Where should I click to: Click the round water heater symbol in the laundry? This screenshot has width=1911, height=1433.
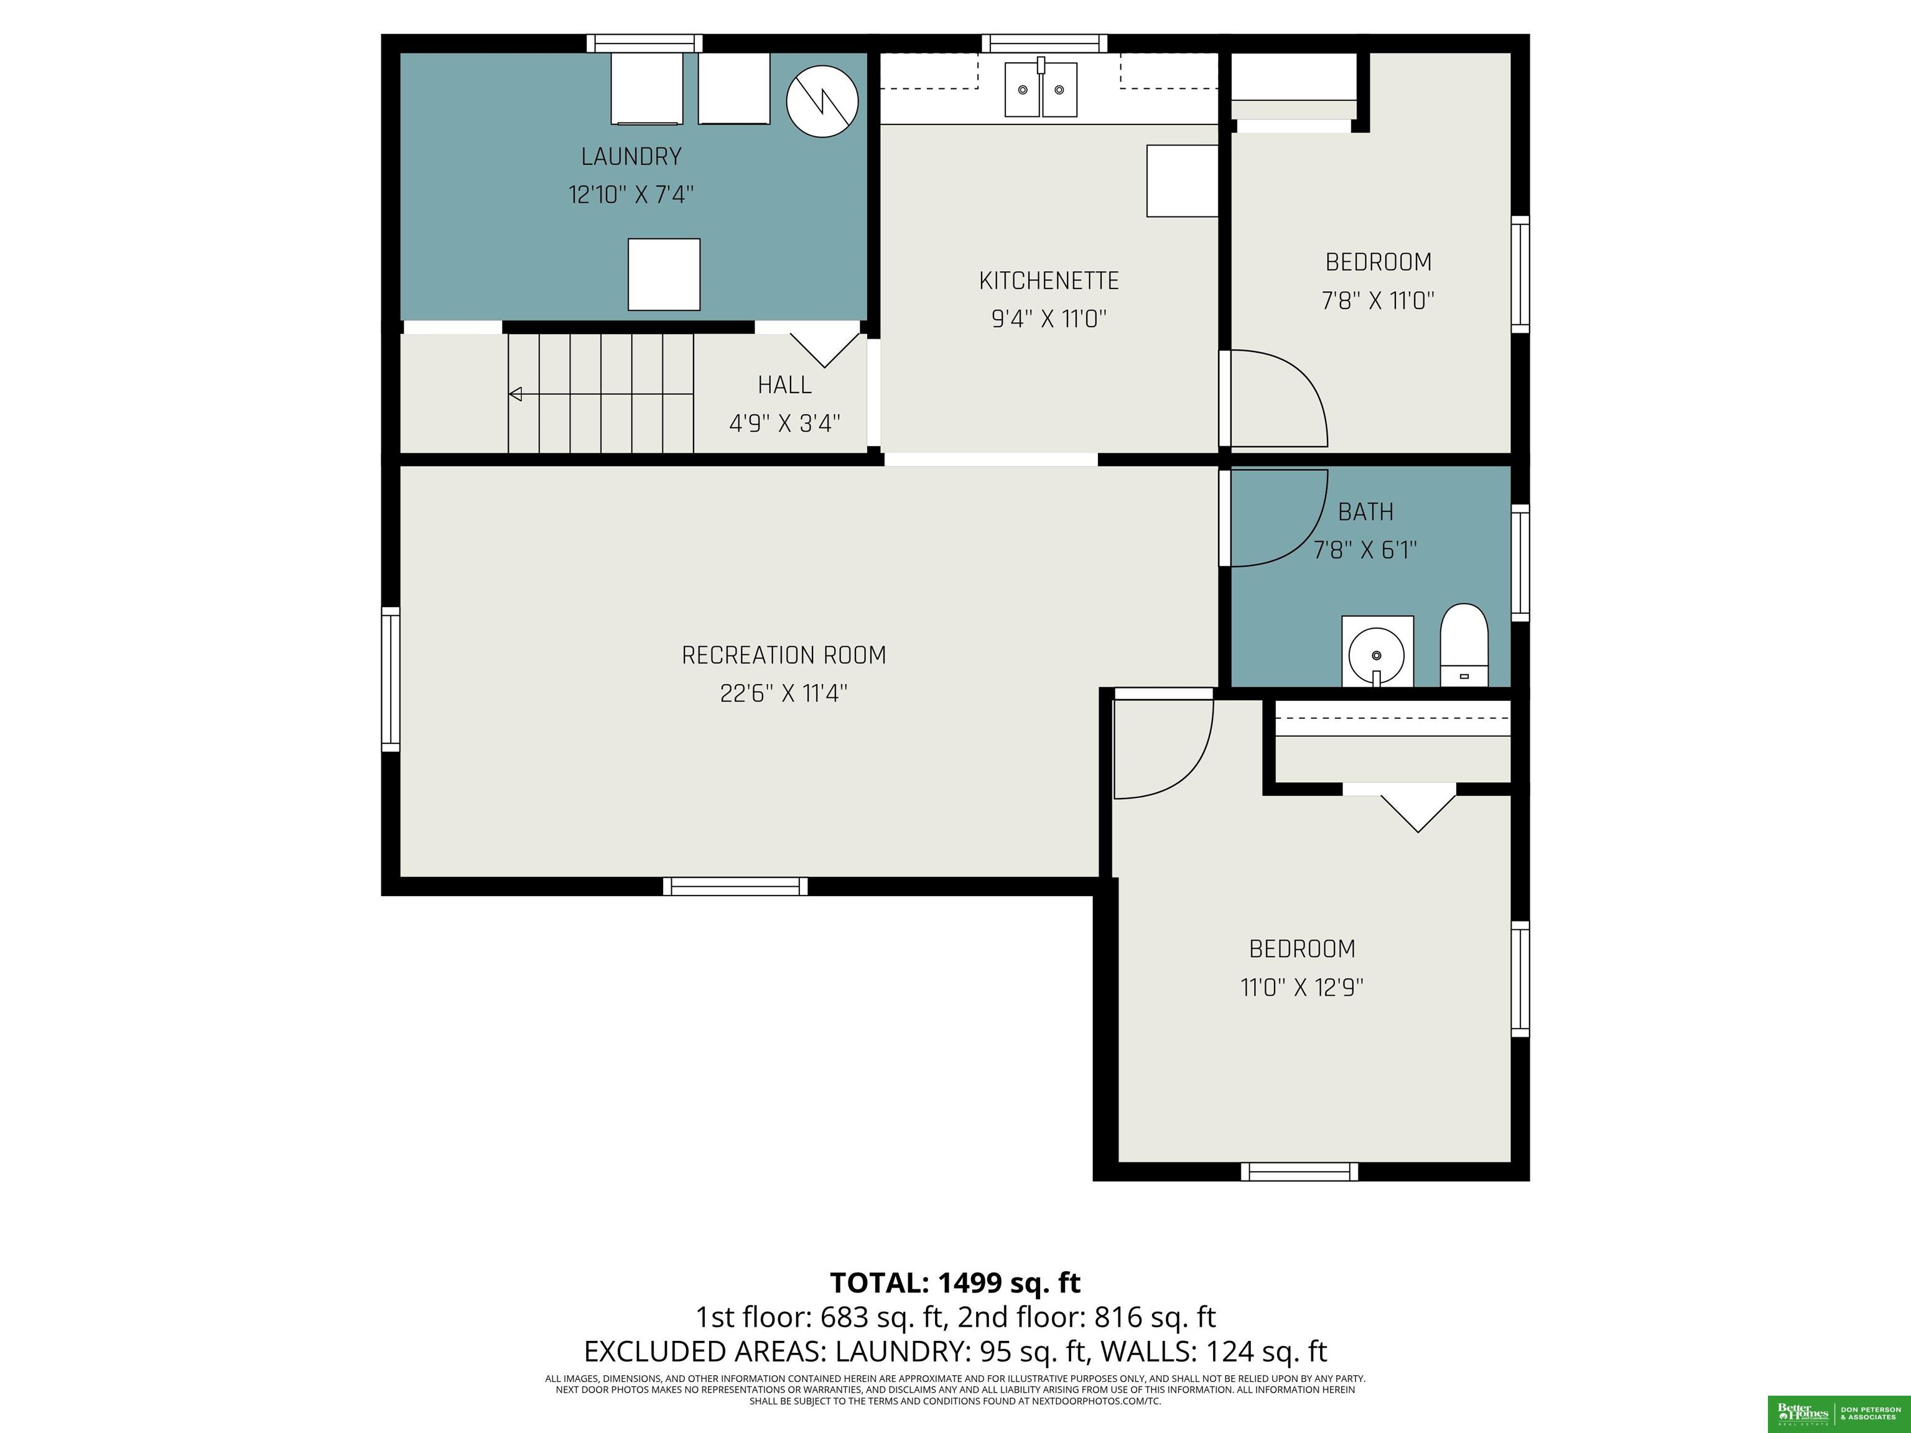coord(822,101)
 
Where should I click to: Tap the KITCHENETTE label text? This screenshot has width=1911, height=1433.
coord(1049,281)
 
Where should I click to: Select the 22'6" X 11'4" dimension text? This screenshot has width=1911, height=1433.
coord(784,693)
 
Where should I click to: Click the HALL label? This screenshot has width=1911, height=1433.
coord(784,384)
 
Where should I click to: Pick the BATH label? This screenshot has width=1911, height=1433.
coord(1366,512)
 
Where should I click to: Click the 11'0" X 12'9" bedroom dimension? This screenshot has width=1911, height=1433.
coord(1302,987)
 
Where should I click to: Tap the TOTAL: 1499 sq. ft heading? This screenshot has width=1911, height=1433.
coord(955,1282)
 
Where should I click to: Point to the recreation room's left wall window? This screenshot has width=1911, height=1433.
coord(391,679)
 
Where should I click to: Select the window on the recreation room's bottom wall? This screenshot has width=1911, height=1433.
coord(735,886)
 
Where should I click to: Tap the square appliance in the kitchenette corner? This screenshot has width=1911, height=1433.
coord(1182,180)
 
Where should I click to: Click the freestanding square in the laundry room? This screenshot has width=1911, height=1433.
coord(664,274)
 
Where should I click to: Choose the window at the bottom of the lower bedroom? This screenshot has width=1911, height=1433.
coord(1300,1171)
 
